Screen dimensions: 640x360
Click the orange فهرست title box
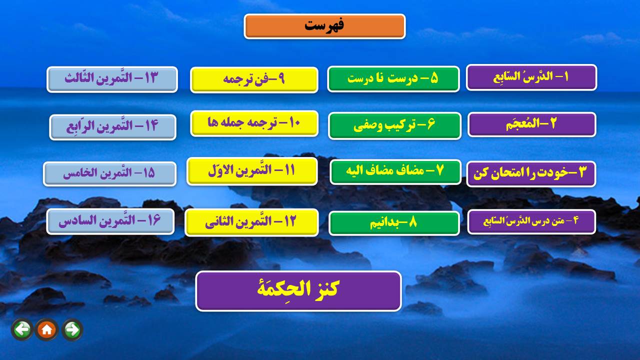point(324,26)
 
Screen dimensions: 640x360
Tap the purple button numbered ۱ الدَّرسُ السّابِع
point(531,77)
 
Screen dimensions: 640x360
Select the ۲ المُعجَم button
point(531,124)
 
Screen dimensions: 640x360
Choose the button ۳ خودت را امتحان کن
point(531,173)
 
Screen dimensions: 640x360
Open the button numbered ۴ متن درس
point(531,221)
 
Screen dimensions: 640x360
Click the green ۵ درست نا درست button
point(393,79)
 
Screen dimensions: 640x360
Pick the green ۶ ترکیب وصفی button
point(394,125)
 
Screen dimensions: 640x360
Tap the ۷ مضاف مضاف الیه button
point(395,171)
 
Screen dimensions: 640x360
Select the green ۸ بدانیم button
point(394,223)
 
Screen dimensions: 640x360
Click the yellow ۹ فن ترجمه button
point(254,79)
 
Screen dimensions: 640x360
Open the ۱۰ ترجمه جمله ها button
point(254,123)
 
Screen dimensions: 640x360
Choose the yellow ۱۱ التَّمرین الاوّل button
point(252,171)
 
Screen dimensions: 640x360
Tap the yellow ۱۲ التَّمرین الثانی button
point(251,222)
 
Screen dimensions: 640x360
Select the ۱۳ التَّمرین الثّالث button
point(112,79)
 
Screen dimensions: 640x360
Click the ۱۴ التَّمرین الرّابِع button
point(112,127)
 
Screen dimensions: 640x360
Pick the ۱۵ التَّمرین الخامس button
point(109,173)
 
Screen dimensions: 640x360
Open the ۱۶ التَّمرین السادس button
point(110,221)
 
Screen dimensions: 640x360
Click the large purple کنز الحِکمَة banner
point(298,291)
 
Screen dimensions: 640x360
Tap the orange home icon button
point(46,329)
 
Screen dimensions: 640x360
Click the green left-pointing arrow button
point(22,329)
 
